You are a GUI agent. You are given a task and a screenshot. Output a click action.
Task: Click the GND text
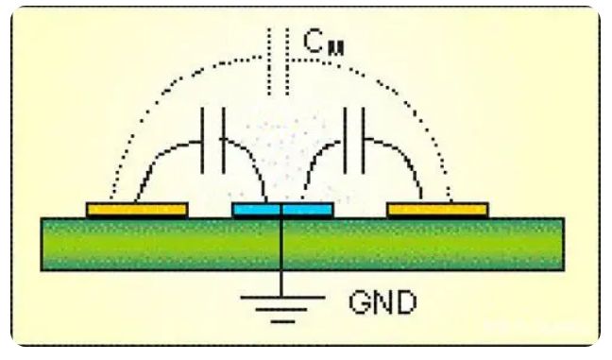383,304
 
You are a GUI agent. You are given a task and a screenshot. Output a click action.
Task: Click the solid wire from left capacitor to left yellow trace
156,170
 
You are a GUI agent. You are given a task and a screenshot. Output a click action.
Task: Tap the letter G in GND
360,304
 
